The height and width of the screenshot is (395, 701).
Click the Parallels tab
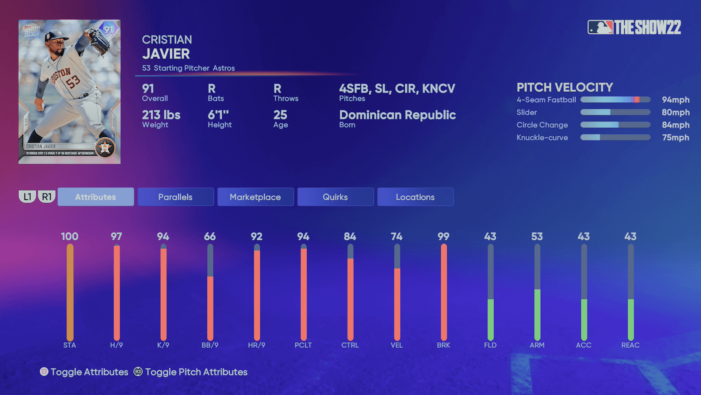click(x=176, y=197)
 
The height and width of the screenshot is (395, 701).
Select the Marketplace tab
click(x=255, y=197)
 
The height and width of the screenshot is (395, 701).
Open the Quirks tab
click(x=335, y=197)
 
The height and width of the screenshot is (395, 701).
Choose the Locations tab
click(x=415, y=197)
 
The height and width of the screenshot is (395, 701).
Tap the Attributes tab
click(x=96, y=197)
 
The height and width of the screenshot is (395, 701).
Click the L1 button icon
click(x=27, y=197)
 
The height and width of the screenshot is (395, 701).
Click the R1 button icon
click(x=47, y=197)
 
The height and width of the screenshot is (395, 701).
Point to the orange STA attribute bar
click(x=70, y=293)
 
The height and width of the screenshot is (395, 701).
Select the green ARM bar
click(x=537, y=315)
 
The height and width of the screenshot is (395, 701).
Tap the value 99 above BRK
click(x=444, y=237)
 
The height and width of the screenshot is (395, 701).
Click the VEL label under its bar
click(x=397, y=345)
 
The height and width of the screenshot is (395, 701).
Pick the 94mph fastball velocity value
click(x=675, y=100)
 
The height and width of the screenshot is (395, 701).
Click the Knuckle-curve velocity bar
click(x=615, y=138)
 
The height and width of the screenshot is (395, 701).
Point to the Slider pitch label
click(x=526, y=112)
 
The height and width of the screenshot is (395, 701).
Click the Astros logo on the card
click(x=105, y=148)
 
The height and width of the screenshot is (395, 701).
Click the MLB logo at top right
click(x=600, y=27)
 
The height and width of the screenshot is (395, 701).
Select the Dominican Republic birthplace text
click(x=397, y=115)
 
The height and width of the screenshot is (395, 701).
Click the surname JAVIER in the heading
click(x=166, y=54)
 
